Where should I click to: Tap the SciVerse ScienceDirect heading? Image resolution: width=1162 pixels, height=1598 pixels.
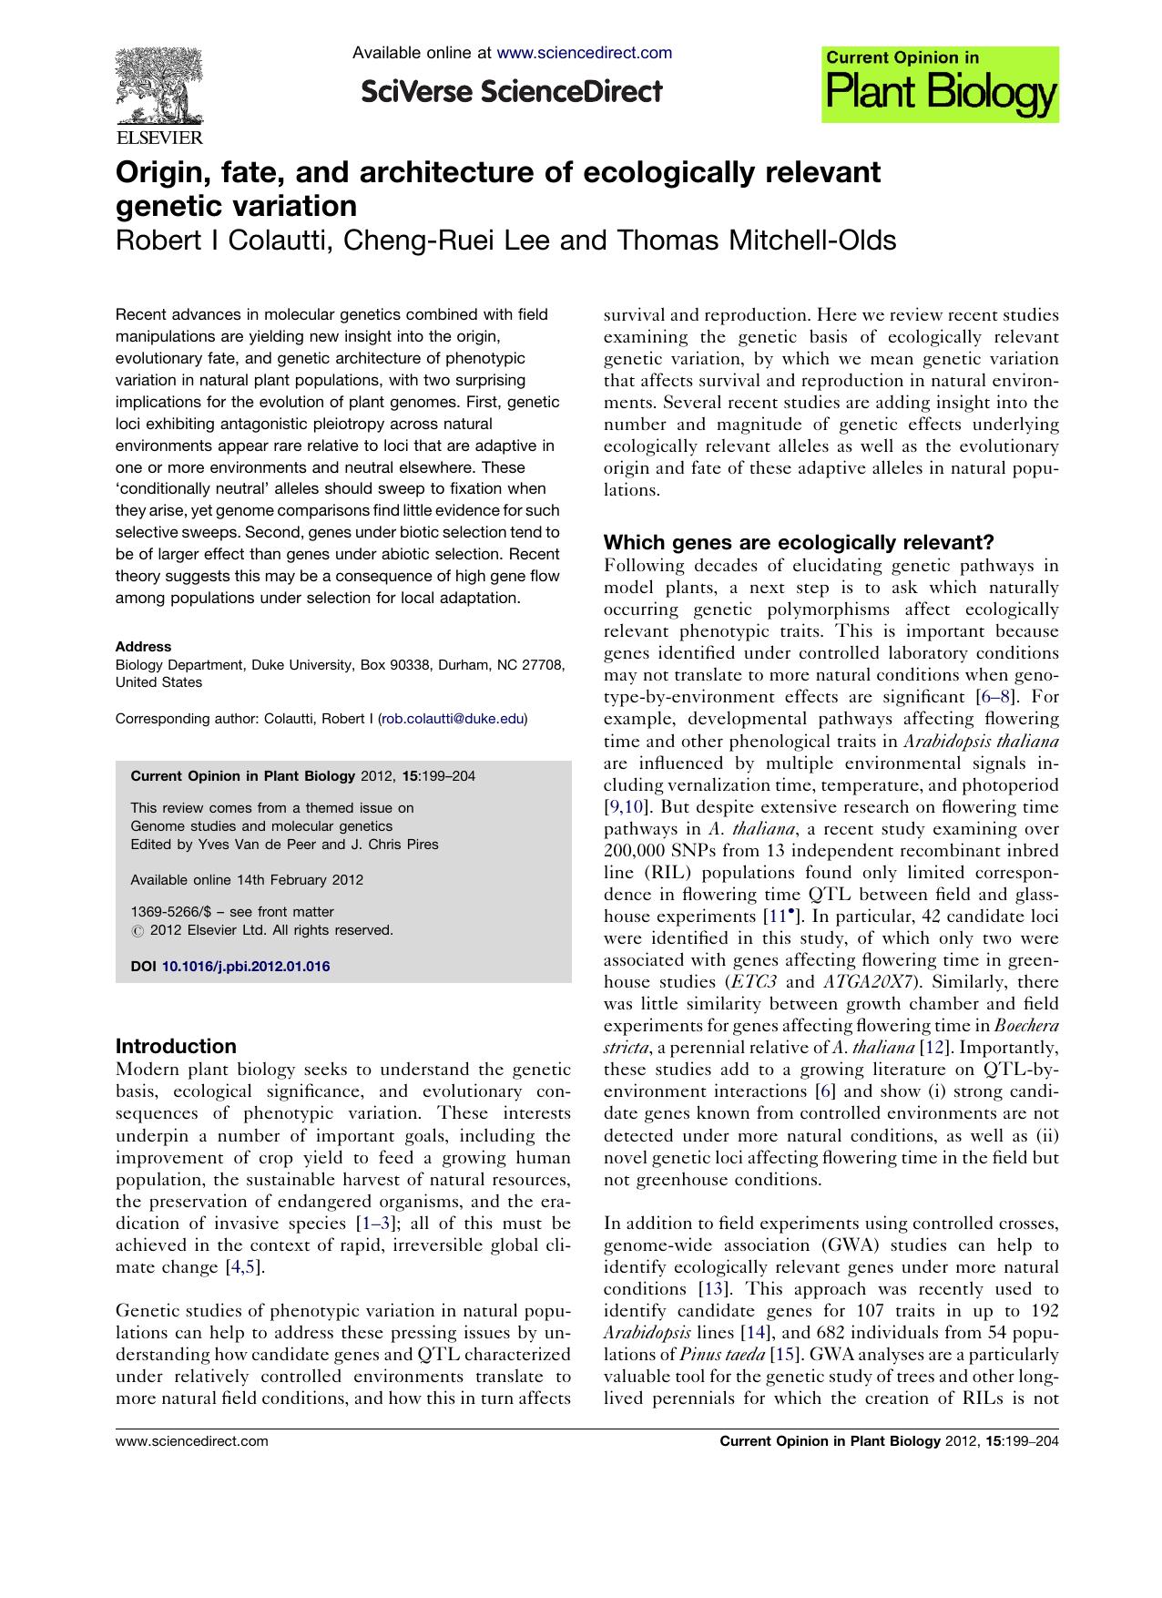pyautogui.click(x=511, y=92)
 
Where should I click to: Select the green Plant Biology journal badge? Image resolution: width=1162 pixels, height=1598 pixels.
pyautogui.click(x=940, y=85)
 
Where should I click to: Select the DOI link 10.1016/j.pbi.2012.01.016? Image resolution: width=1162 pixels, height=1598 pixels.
pyautogui.click(x=246, y=967)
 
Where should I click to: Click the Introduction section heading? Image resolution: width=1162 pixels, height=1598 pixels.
pyautogui.click(x=176, y=1046)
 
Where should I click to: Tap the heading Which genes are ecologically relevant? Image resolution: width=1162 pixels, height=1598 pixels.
pyautogui.click(x=799, y=543)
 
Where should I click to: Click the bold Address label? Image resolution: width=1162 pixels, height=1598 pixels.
pyautogui.click(x=143, y=646)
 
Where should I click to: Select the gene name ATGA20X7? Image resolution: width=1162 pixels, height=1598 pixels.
pyautogui.click(x=864, y=982)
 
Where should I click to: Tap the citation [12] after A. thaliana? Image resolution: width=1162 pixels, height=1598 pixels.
pyautogui.click(x=937, y=1048)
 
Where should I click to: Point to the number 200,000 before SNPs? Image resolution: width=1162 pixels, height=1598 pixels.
pyautogui.click(x=638, y=851)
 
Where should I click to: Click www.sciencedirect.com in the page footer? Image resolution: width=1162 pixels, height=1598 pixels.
pyautogui.click(x=192, y=1441)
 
